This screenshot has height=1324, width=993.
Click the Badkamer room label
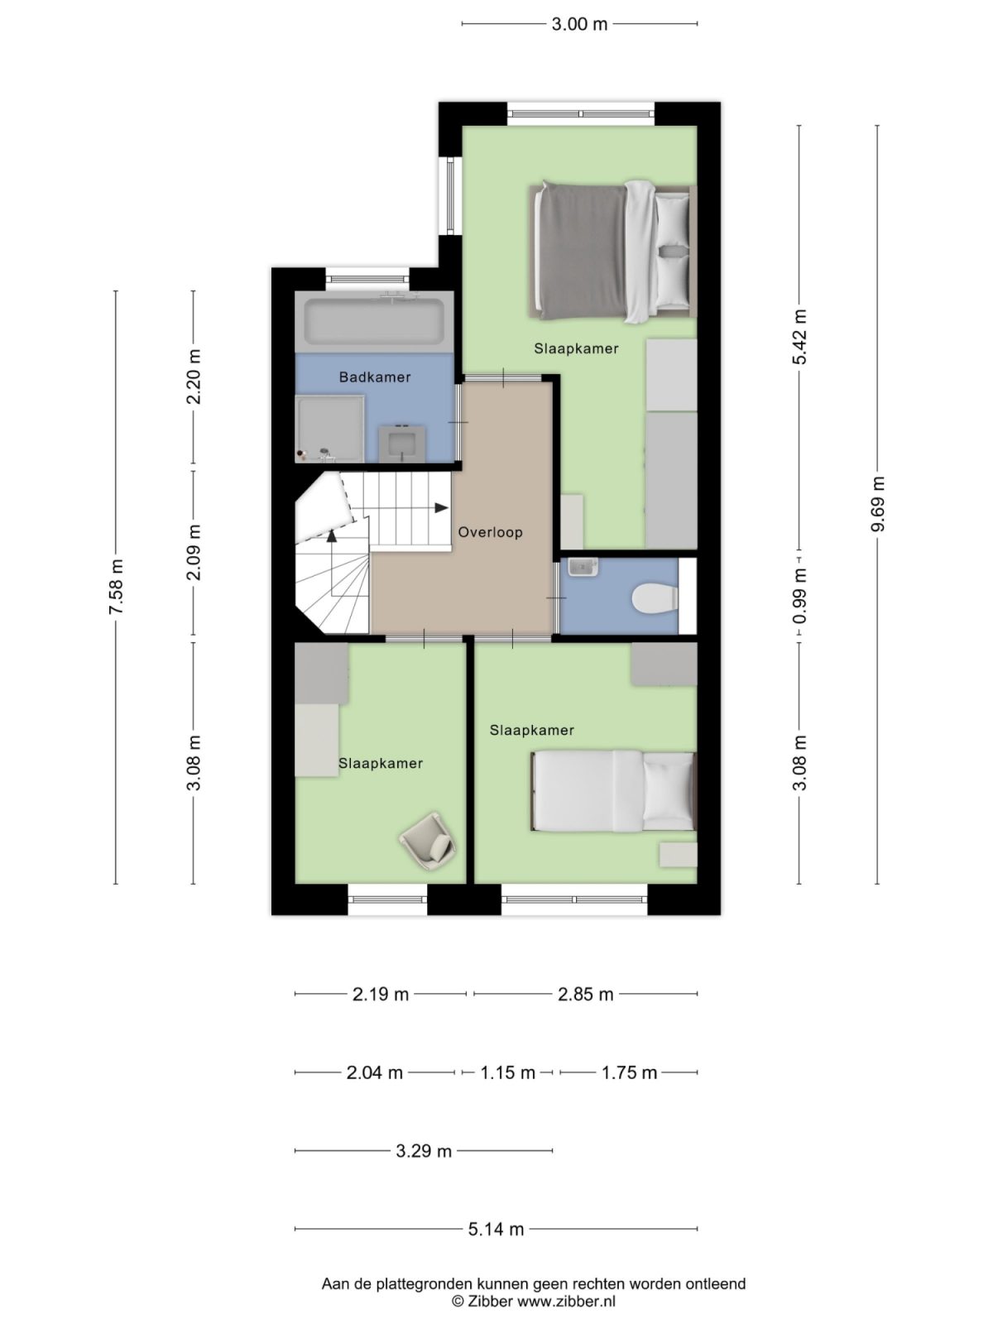(375, 377)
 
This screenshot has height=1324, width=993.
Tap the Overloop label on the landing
(491, 532)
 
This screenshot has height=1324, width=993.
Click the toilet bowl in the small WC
(654, 598)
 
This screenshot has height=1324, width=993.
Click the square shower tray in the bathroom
(329, 428)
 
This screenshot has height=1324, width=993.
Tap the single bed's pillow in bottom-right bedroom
(668, 791)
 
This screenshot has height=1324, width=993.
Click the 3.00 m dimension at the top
(579, 24)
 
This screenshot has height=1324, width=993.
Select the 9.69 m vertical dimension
(878, 505)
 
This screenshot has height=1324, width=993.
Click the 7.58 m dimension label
(116, 587)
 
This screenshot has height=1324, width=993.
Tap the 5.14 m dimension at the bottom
(496, 1229)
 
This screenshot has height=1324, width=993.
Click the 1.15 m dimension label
(507, 1072)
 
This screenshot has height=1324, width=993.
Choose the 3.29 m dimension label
(424, 1150)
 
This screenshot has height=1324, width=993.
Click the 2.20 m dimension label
(194, 377)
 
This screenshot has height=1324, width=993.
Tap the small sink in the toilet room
(583, 568)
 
